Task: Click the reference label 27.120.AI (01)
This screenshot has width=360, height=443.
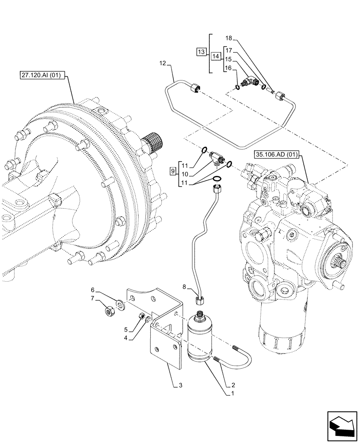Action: pos(43,75)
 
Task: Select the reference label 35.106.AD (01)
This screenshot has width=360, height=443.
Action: pos(277,155)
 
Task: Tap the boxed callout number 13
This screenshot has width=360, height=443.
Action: pos(201,52)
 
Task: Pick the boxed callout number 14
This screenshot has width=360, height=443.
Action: pos(215,56)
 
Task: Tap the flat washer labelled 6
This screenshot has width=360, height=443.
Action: pos(120,303)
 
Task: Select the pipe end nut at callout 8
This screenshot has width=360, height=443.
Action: pos(200,301)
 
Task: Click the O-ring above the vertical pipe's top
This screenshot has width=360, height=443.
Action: pos(217,178)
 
